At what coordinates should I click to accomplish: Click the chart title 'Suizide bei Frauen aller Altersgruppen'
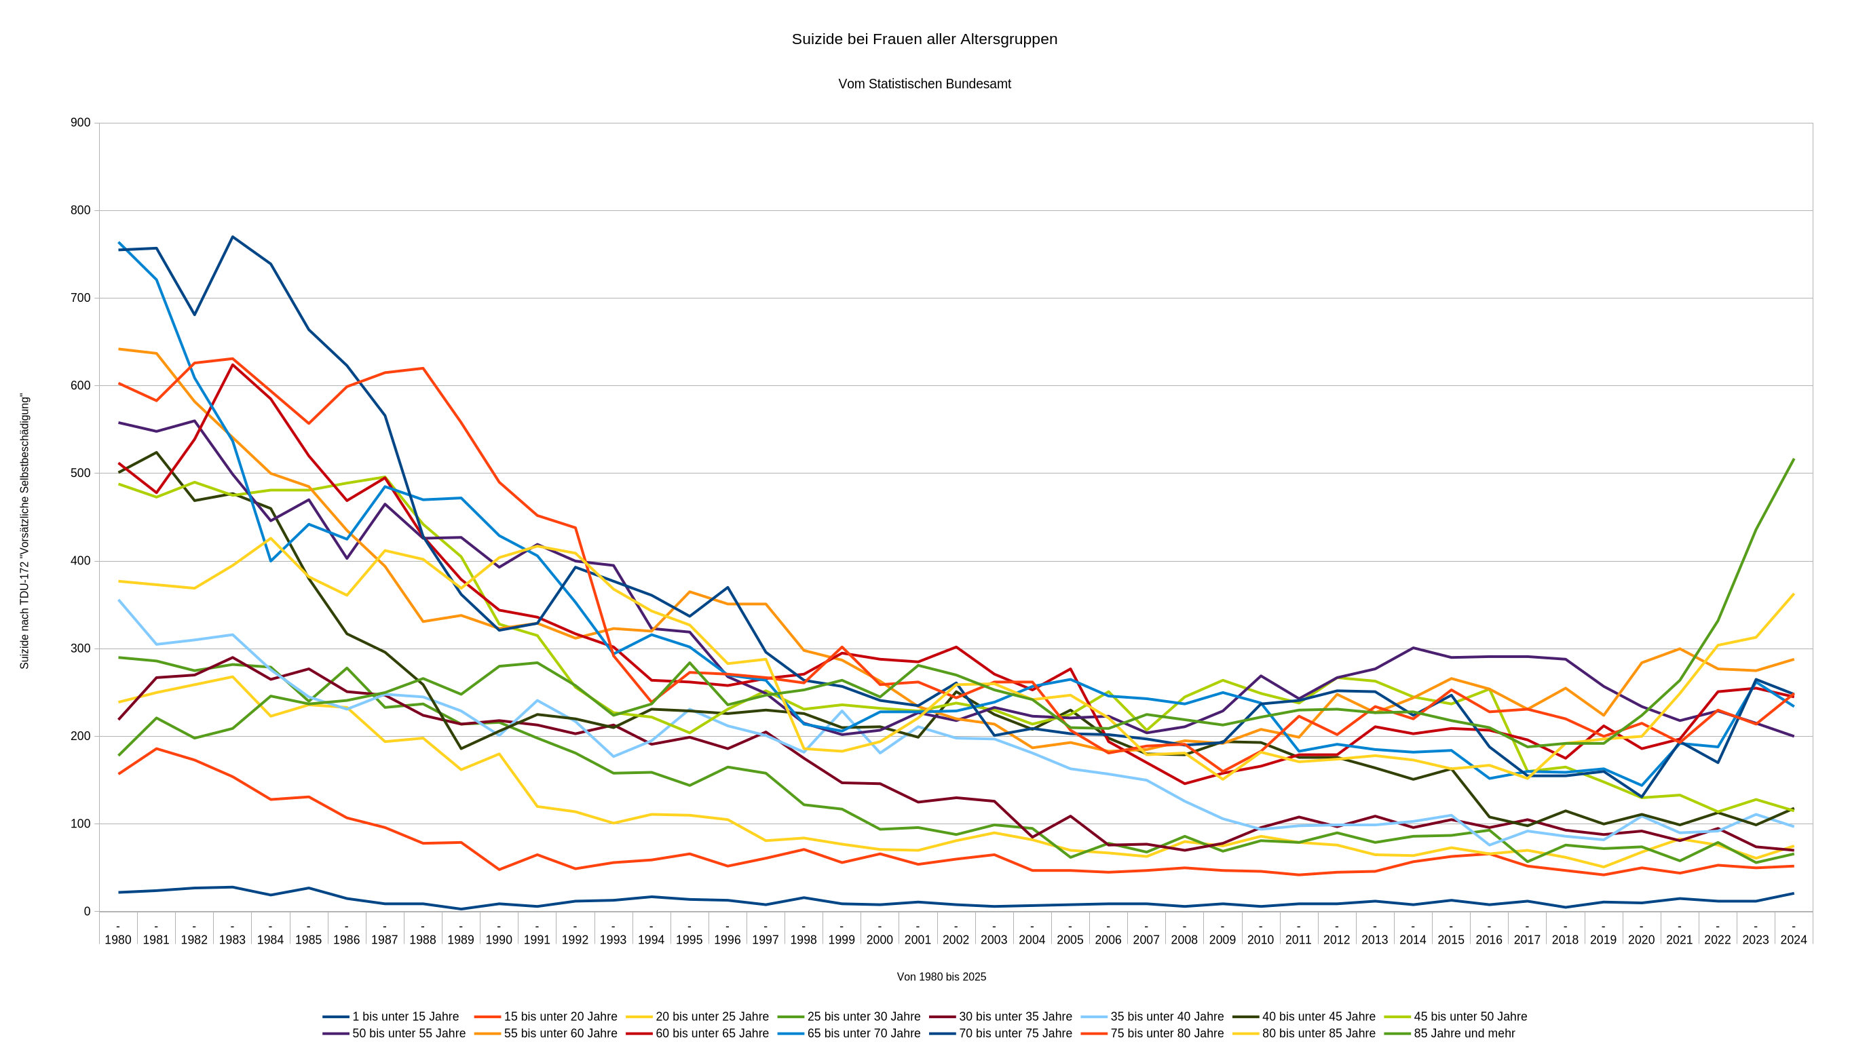(924, 39)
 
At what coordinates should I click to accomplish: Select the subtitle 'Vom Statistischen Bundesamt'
(924, 84)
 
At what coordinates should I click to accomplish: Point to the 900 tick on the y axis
(81, 123)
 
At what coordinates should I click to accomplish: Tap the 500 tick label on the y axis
(81, 473)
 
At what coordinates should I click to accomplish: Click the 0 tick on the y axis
(87, 911)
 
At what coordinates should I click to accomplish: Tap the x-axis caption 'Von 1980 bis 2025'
(941, 977)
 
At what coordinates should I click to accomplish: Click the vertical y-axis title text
(24, 531)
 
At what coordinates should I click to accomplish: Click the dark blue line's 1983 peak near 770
(233, 237)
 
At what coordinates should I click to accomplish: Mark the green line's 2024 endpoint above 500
(1793, 459)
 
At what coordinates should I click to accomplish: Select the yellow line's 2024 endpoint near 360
(1793, 594)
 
